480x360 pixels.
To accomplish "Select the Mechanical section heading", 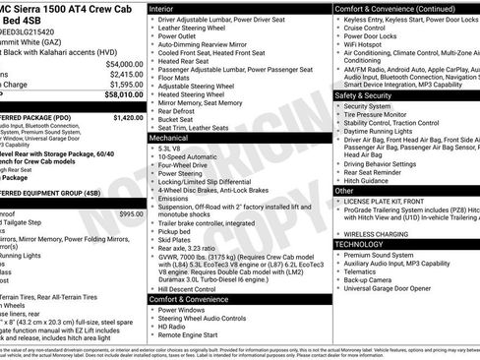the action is tap(175, 139).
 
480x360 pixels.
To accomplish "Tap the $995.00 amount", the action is tap(131, 213).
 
